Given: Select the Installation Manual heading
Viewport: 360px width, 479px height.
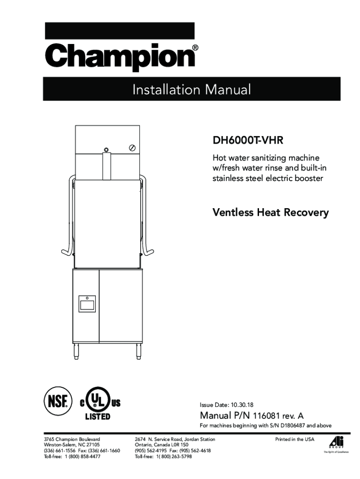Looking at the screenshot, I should coord(192,89).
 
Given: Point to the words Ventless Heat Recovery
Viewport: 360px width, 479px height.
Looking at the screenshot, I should coord(271,213).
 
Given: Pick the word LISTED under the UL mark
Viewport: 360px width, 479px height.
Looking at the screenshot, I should coord(97,416).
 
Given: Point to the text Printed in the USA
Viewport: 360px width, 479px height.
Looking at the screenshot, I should coord(295,439).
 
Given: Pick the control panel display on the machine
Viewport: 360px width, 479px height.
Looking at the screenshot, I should coord(87,305).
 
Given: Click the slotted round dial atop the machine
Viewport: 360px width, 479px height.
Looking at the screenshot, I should coord(133,147).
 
